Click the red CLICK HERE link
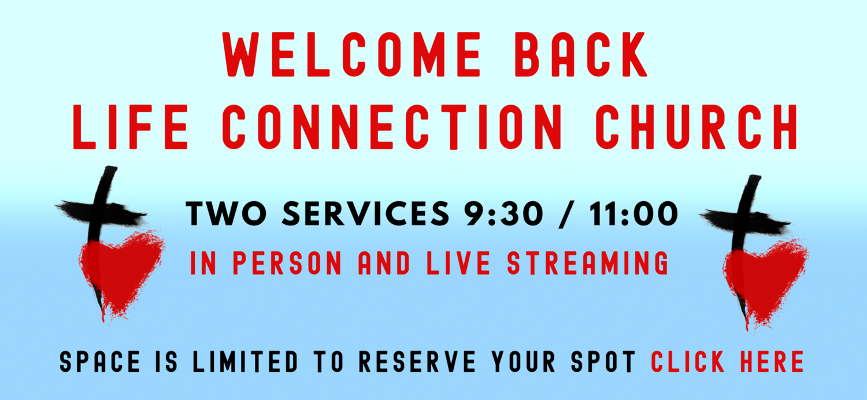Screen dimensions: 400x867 click(727, 361)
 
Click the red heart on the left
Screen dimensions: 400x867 click(123, 272)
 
